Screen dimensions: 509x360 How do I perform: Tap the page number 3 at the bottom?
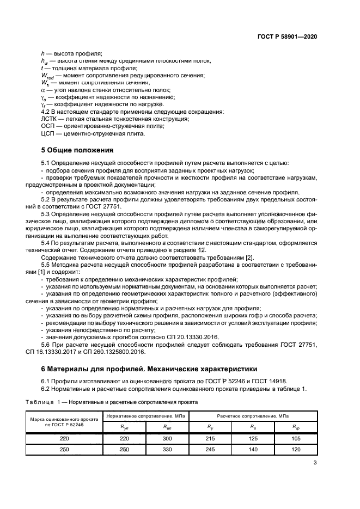(315, 463)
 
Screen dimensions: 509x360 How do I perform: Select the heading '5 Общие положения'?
(77, 150)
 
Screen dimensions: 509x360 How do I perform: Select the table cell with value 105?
(296, 438)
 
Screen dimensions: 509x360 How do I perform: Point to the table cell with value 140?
(253, 449)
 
